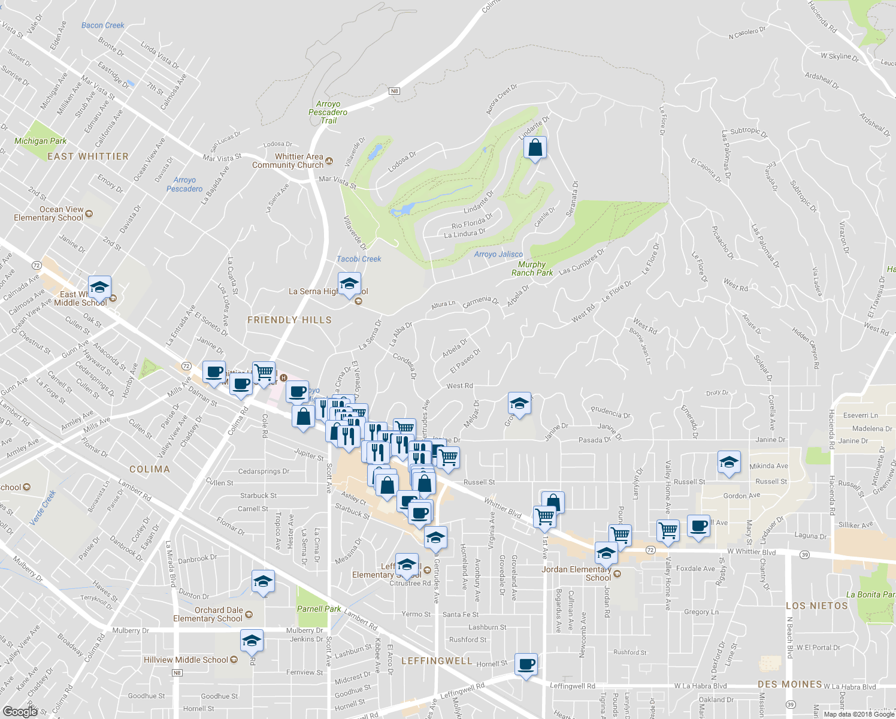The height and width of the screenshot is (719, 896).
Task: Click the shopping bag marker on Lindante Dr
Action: [x=535, y=147]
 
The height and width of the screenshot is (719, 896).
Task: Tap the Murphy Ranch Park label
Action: [x=532, y=268]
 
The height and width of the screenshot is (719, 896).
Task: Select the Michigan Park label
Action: [x=41, y=141]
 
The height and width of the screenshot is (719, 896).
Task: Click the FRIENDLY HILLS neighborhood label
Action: [x=289, y=320]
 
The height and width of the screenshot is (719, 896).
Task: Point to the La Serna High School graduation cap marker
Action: [x=349, y=284]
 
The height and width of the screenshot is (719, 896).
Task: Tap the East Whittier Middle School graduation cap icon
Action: [x=99, y=287]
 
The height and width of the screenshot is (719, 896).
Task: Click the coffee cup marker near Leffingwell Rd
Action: [x=526, y=664]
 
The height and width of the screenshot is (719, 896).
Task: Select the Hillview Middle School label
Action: [x=186, y=660]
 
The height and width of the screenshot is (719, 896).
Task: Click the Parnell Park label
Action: [x=319, y=609]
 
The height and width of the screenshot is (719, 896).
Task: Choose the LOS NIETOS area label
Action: [x=816, y=606]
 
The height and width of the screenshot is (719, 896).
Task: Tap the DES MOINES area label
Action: [x=789, y=684]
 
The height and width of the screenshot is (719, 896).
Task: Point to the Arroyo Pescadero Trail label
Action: [x=328, y=112]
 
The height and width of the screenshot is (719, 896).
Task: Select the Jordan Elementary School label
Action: [x=576, y=573]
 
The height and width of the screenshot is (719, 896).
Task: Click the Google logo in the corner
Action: [x=20, y=711]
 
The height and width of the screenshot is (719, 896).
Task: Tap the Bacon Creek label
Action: [x=102, y=25]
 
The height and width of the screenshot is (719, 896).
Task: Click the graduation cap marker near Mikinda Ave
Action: [x=729, y=463]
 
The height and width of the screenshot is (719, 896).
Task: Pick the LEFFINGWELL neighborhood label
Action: [x=437, y=661]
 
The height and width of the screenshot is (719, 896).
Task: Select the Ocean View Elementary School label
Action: [x=49, y=213]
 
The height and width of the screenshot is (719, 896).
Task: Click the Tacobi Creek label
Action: [x=359, y=259]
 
